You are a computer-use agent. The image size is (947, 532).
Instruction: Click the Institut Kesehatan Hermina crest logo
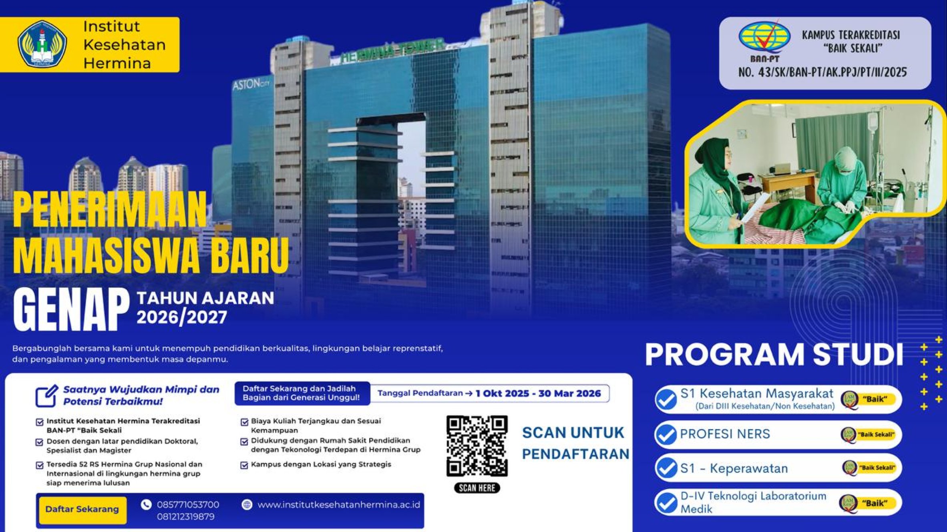(42, 44)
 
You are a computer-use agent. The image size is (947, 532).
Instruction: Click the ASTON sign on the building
(251, 84)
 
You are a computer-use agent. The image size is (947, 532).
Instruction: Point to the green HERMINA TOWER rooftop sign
(392, 50)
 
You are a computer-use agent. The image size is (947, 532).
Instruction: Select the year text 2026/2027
(182, 317)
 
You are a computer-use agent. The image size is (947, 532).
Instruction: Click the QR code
(477, 446)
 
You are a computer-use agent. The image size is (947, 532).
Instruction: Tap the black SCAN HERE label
(477, 488)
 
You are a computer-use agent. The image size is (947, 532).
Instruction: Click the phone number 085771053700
(188, 504)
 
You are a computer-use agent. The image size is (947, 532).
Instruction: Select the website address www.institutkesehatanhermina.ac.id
(339, 505)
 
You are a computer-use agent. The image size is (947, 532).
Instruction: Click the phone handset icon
(146, 505)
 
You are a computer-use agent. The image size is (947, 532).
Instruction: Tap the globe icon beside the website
(247, 505)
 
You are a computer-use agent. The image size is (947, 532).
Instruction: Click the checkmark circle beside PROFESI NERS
(666, 434)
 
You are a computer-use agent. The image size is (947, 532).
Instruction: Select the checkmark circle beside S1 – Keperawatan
(666, 468)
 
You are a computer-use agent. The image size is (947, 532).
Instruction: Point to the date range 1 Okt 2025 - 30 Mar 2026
(538, 393)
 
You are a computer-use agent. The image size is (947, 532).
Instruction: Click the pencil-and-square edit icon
(47, 395)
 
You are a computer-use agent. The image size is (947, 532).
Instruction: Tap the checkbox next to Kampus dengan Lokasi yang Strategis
(244, 465)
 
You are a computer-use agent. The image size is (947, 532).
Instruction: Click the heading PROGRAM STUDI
(774, 355)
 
